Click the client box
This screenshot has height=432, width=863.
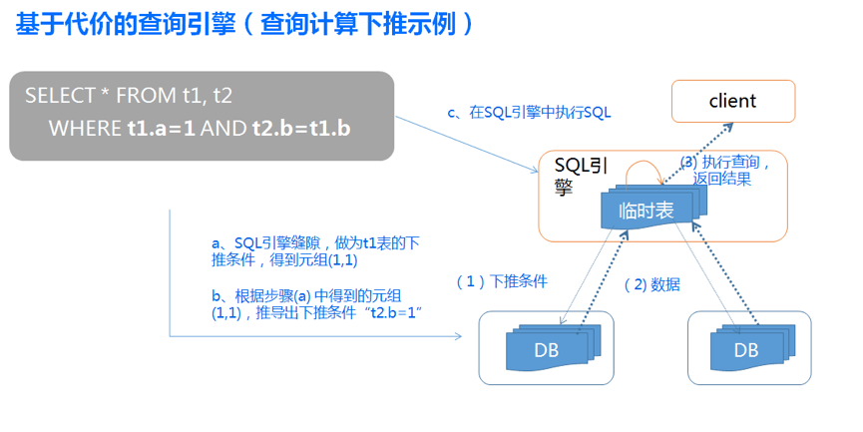point(732,101)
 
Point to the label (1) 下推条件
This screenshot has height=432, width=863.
point(502,281)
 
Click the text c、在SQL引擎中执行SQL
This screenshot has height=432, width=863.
point(529,113)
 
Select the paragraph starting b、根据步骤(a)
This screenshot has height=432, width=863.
point(317,304)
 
